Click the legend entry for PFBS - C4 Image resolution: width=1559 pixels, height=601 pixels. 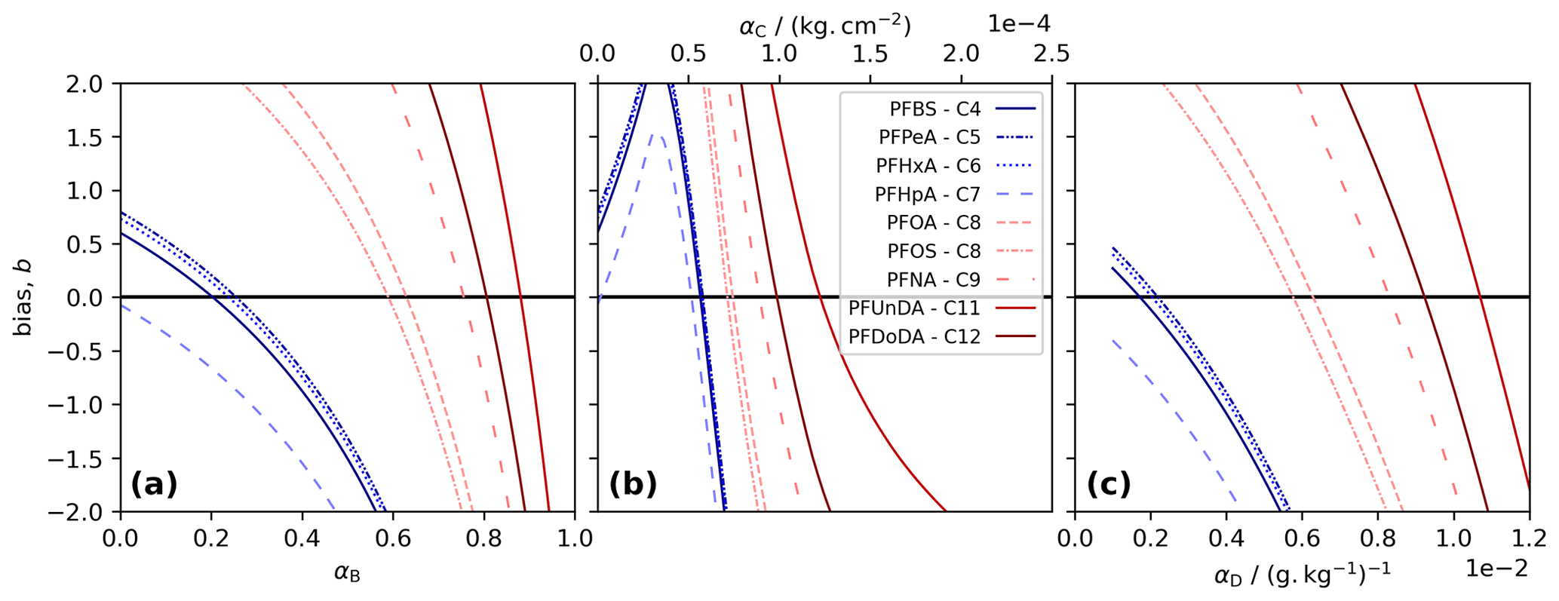pos(935,109)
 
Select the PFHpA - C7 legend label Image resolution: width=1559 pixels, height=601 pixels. pos(928,195)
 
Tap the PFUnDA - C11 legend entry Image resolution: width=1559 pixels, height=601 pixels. pos(914,308)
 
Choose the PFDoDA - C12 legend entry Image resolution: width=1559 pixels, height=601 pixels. pos(914,337)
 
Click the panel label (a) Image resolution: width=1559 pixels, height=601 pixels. pos(154,484)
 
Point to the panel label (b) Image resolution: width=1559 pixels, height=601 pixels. pos(632,484)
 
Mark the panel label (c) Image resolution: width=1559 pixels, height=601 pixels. pos(1109,484)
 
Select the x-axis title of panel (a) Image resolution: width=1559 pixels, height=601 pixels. pos(347,574)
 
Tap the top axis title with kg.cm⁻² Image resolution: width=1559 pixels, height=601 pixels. pos(825,26)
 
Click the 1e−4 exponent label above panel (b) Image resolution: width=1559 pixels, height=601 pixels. pos(1018,24)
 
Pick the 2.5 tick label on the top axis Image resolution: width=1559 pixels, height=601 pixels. pos(1051,54)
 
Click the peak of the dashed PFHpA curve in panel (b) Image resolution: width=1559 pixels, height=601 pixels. pos(656,136)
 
